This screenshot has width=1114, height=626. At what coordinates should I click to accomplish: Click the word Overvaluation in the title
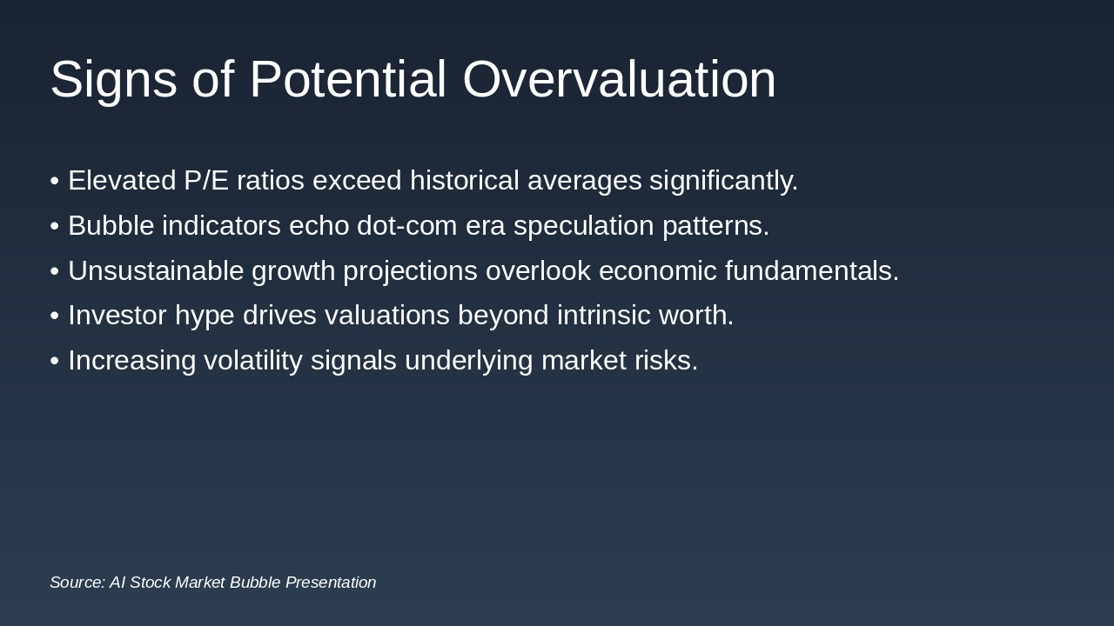click(619, 79)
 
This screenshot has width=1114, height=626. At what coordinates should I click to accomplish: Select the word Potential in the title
click(347, 79)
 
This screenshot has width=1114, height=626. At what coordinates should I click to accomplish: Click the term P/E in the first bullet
click(206, 180)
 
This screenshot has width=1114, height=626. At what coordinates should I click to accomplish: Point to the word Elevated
click(122, 180)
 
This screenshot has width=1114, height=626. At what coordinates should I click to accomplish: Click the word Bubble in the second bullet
click(111, 226)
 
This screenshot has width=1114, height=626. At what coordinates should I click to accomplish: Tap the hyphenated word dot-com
click(406, 226)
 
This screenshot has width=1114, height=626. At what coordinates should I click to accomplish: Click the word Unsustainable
click(156, 271)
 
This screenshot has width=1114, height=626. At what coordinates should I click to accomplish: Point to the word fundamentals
click(812, 271)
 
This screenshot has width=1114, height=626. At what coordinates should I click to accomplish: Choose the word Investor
click(117, 316)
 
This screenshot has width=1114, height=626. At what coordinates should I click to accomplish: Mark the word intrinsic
click(604, 316)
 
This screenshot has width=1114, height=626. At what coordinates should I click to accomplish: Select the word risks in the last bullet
click(667, 361)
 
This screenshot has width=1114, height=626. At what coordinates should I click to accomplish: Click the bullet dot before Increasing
click(55, 361)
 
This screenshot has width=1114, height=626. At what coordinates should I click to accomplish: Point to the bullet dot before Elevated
click(55, 182)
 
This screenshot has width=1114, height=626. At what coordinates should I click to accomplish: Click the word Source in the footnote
click(77, 583)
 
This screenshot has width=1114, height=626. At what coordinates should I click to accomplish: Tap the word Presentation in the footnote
click(331, 583)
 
